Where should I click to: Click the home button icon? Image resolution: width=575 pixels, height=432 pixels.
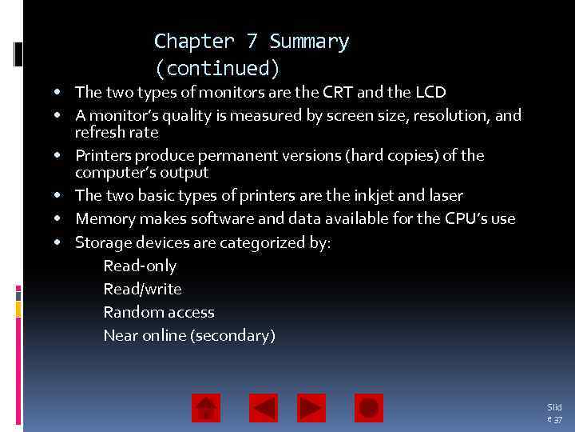tap(206, 408)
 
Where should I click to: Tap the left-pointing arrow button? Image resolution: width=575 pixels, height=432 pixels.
tap(264, 408)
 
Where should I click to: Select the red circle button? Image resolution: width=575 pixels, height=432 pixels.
tap(369, 408)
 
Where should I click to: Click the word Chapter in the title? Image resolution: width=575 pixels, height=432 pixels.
tap(182, 42)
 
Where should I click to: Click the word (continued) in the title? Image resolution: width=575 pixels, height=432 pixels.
tap(217, 68)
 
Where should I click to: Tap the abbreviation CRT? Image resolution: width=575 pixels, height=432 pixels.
tap(338, 92)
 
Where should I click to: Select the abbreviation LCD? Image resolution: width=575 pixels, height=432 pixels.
tap(430, 92)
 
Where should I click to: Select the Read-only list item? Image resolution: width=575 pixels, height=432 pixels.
tap(140, 266)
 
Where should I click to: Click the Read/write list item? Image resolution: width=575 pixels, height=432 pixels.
tap(142, 289)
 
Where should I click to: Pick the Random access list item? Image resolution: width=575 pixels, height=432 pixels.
tap(159, 312)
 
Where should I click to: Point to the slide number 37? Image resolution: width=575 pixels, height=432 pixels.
tap(557, 419)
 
